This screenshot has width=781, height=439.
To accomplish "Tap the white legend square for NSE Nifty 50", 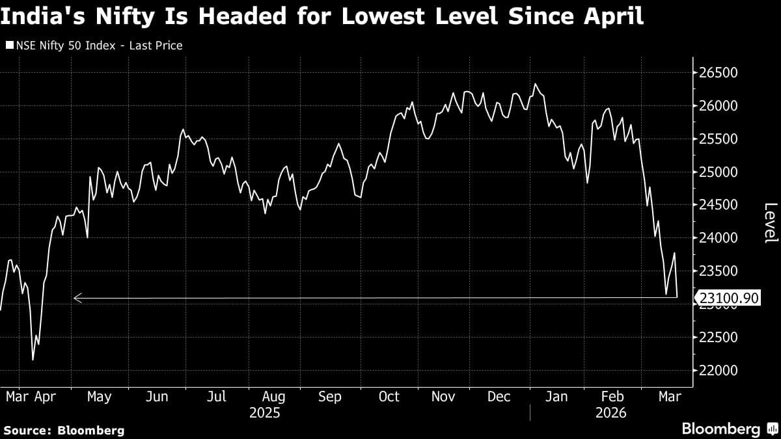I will click(9, 46).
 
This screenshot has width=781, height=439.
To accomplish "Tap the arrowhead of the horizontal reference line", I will click(77, 299).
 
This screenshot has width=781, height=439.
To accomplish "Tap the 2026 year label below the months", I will click(610, 413).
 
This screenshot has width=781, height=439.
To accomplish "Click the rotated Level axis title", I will click(770, 222).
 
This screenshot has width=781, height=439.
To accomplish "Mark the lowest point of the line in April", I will click(33, 360).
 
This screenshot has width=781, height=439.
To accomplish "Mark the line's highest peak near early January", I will click(535, 84).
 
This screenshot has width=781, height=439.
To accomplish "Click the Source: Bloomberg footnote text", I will click(64, 430).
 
